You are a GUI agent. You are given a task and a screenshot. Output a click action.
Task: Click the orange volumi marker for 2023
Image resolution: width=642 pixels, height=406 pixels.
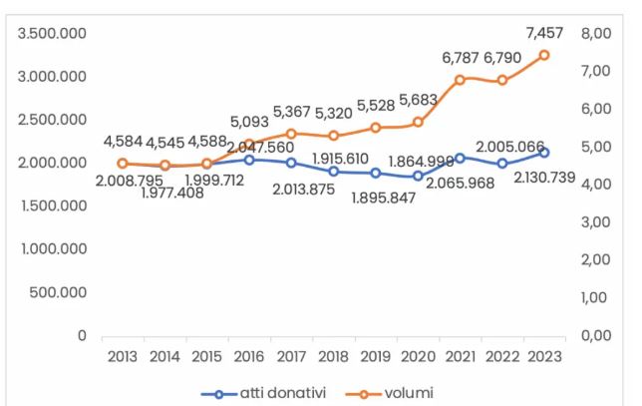(x=544, y=55)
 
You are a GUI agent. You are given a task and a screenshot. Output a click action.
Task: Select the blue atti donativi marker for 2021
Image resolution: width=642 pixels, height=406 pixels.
(x=460, y=158)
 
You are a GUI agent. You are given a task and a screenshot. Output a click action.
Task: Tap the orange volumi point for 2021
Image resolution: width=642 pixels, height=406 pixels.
(x=460, y=79)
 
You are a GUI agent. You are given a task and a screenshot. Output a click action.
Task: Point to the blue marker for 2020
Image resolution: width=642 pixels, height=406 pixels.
(x=418, y=176)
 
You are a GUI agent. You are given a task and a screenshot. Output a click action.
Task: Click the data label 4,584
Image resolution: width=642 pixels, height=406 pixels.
(x=123, y=140)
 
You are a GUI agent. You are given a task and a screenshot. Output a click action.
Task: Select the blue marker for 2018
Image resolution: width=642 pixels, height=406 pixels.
(x=333, y=172)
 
